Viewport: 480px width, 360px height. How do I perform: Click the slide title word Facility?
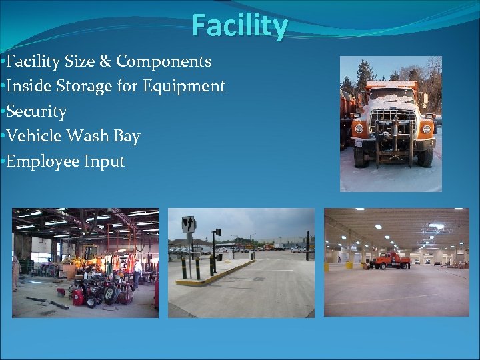click(x=240, y=27)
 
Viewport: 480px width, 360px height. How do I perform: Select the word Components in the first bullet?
click(x=164, y=61)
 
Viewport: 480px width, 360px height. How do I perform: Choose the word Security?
click(x=36, y=111)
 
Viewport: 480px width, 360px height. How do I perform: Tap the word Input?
click(x=104, y=162)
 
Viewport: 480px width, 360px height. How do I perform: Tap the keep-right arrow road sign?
click(x=189, y=225)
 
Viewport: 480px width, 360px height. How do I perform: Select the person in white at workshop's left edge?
click(x=16, y=273)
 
